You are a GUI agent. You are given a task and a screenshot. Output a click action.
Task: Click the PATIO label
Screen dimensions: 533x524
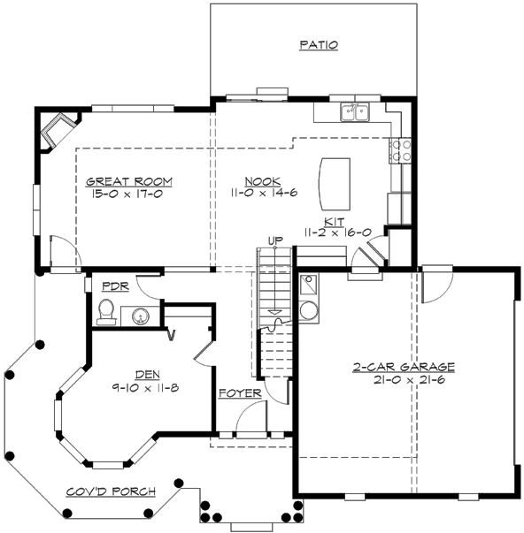319,44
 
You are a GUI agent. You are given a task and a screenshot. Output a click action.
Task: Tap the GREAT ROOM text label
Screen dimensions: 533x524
129,182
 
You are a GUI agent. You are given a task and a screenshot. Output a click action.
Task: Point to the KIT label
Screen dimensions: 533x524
335,221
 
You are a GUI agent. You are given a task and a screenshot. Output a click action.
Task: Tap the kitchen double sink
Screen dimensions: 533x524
357,112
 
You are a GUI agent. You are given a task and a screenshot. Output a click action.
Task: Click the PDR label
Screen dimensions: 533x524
116,286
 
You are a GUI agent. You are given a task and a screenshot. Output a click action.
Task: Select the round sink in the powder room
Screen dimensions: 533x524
139,314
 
